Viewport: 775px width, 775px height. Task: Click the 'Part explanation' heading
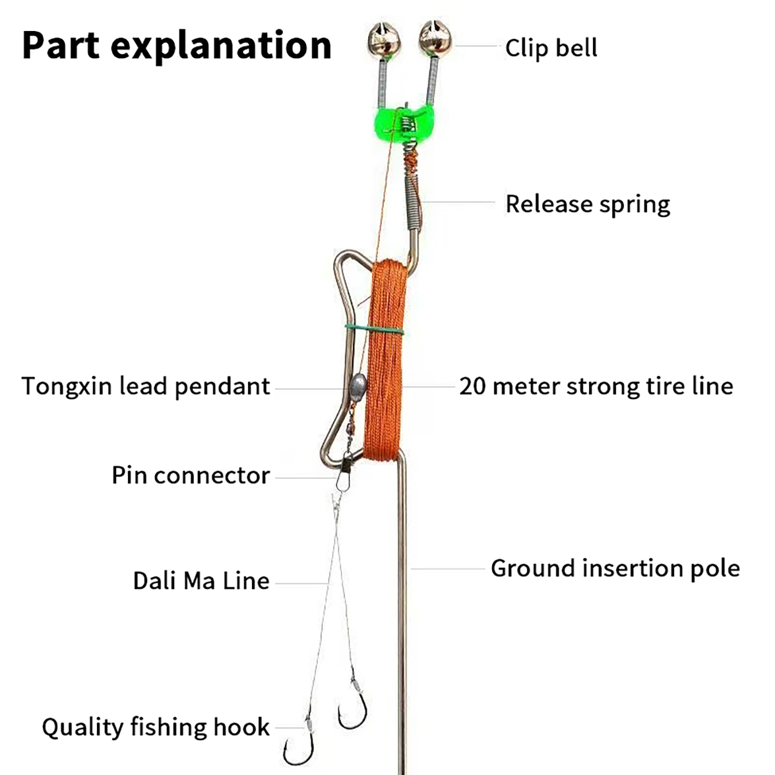[177, 46]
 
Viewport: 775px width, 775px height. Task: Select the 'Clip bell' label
[551, 48]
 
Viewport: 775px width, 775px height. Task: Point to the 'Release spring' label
[588, 204]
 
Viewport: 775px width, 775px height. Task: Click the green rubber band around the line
[374, 329]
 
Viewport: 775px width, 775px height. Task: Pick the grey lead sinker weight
[357, 387]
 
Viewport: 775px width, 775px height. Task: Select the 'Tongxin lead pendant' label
[146, 387]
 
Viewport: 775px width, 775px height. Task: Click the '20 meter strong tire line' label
[596, 387]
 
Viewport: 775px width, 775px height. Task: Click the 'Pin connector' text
[190, 476]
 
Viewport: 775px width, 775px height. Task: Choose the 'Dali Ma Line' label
[201, 581]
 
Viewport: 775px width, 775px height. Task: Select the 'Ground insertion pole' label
[615, 568]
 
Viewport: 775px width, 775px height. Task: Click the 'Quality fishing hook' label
[155, 728]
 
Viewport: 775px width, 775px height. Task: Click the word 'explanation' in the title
[221, 46]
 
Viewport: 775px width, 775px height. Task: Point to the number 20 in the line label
[472, 387]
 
